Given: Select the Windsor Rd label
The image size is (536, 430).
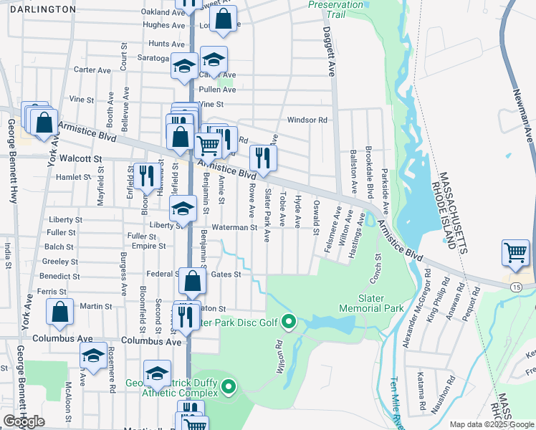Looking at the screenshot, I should [307, 120].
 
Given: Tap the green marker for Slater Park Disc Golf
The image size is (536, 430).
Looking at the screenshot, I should [289, 322].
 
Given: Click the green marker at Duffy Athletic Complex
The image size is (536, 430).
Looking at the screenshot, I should [229, 388].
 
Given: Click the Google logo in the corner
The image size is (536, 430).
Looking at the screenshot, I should [24, 421].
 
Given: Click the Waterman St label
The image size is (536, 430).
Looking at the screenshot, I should [233, 227].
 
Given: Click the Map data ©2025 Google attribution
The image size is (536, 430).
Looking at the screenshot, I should [491, 424].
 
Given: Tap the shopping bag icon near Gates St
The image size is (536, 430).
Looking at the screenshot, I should [193, 283].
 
